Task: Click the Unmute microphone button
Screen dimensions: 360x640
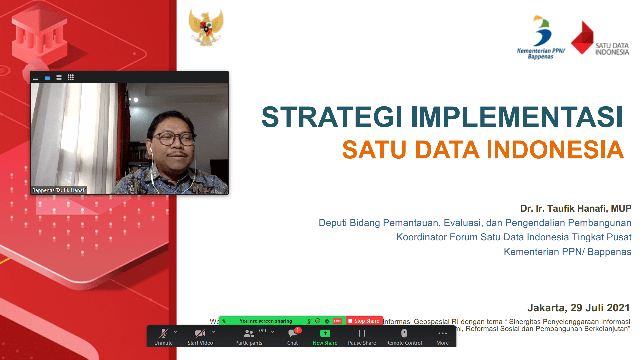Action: [163, 337]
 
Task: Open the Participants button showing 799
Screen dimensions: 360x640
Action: [249, 337]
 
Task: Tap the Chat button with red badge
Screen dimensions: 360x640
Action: [293, 337]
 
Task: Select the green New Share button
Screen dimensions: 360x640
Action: [325, 337]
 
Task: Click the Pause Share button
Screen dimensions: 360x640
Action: [362, 337]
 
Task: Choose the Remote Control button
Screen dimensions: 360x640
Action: [404, 337]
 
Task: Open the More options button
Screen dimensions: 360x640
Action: [442, 337]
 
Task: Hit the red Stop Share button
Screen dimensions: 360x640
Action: [364, 321]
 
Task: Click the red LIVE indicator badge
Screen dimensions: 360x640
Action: [337, 321]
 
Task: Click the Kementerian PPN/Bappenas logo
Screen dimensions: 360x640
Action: [541, 38]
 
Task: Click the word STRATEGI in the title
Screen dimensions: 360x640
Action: [331, 117]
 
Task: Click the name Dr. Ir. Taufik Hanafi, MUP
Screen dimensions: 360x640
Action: [576, 208]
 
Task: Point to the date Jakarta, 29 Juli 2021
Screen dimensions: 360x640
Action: [578, 307]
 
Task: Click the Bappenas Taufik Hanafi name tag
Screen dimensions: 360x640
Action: [59, 190]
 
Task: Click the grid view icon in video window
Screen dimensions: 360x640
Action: [71, 77]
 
